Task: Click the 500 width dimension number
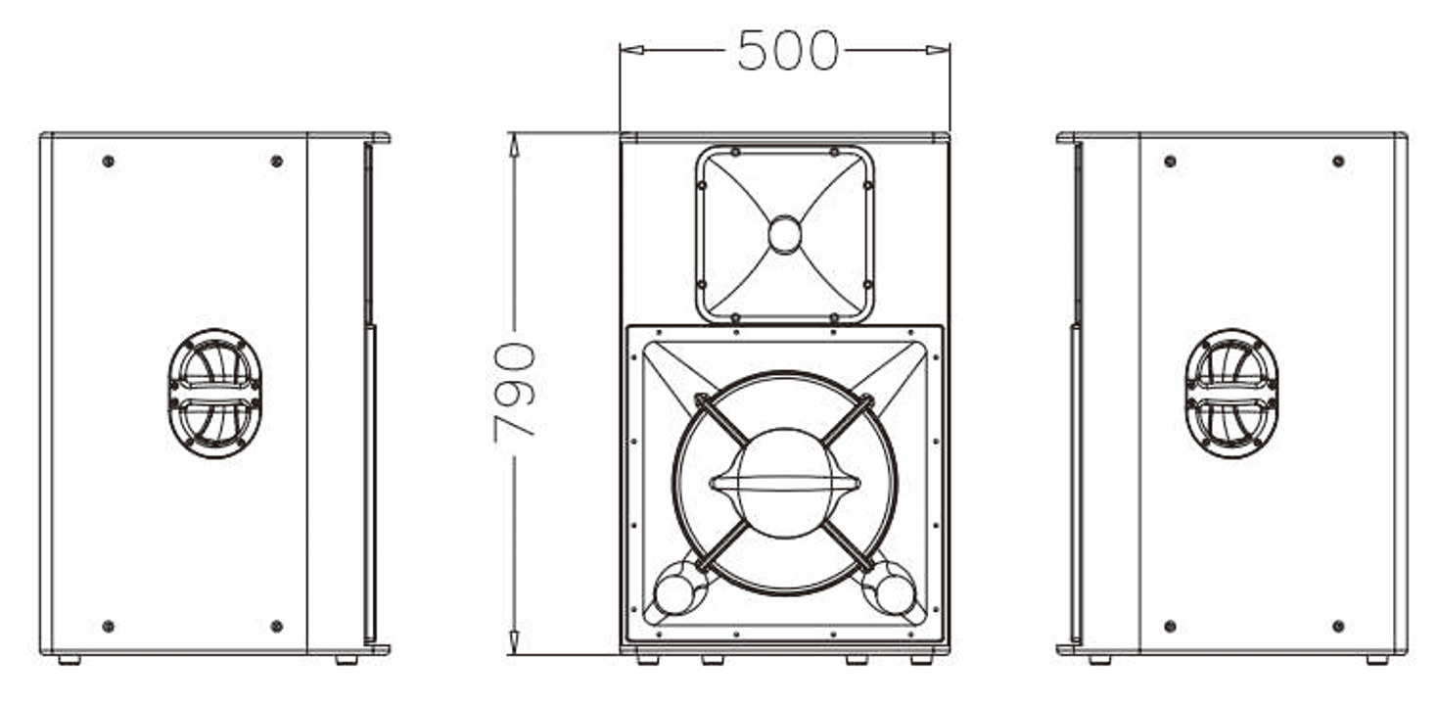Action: pos(787,51)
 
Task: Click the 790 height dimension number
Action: pos(515,392)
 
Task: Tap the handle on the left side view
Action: pos(214,393)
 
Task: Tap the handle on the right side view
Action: pos(1230,393)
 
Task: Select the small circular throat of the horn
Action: pos(784,235)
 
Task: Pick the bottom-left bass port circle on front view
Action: pos(673,593)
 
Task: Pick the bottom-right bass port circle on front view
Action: pos(894,593)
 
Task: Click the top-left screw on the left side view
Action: pos(108,161)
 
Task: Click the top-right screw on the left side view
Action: pos(276,161)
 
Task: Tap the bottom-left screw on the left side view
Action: pos(108,626)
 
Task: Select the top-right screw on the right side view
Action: pos(1338,161)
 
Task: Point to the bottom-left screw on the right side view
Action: pos(1170,626)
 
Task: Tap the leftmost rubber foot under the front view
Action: pos(647,660)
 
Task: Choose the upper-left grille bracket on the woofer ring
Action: pos(701,399)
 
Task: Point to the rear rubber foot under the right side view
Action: pos(1377,660)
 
